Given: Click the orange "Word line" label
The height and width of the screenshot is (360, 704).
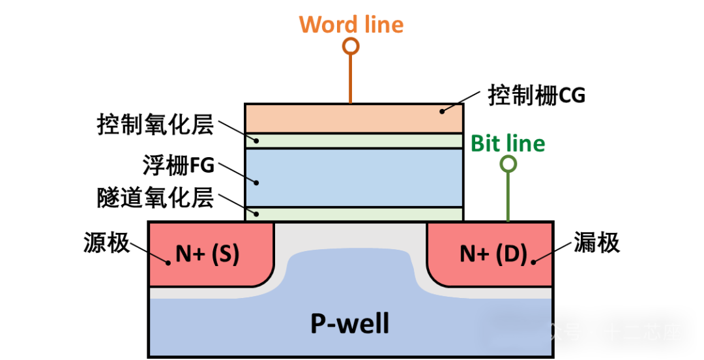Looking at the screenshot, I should tap(351, 25).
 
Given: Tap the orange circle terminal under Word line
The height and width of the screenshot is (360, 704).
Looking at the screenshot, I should tap(351, 46).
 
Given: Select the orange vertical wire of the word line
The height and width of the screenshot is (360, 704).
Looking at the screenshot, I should tap(351, 78).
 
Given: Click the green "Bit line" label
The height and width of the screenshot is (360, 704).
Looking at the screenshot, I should tap(508, 143).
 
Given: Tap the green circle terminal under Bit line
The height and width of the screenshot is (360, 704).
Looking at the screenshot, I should tap(508, 164).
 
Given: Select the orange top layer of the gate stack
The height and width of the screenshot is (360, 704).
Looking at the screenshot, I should tap(354, 118).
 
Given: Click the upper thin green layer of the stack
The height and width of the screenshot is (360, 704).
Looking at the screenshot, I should tap(354, 141).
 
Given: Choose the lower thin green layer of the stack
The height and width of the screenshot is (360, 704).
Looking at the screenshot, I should tap(354, 214).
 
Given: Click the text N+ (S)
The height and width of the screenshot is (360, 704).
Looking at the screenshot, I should tap(207, 254).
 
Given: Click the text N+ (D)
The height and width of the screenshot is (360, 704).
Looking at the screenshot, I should tap(493, 254).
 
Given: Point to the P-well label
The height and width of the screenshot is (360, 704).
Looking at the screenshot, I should tap(349, 323).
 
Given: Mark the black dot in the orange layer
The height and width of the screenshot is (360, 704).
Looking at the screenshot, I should tap(442, 112).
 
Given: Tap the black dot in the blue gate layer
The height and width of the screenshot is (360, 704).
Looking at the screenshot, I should tap(257, 183).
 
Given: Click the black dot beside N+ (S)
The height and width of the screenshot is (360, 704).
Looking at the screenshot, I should tap(168, 263).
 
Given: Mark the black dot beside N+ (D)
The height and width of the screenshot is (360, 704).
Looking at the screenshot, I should tap(533, 262).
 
